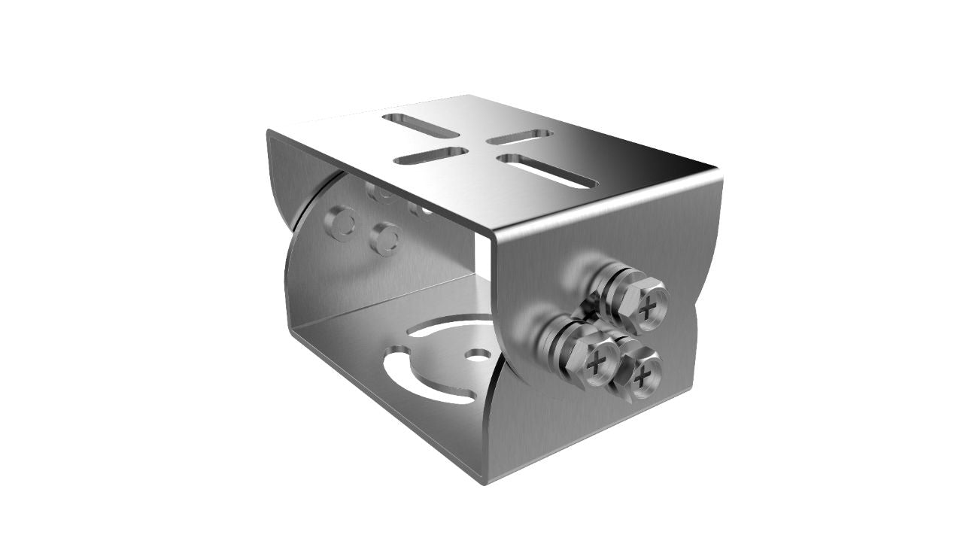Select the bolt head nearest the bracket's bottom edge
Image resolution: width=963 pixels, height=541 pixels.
[x=640, y=376]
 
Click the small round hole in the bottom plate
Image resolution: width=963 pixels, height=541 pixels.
[x=477, y=354]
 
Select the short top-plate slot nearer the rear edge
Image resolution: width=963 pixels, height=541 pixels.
[x=519, y=137]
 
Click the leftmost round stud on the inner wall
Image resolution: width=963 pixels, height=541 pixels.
[x=341, y=223]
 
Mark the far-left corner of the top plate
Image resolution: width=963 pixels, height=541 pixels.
[x=269, y=132]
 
